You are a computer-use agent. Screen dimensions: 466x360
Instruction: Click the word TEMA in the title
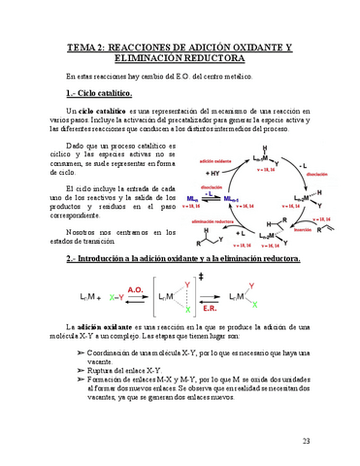(81, 48)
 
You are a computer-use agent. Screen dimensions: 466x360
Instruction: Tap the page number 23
(307, 442)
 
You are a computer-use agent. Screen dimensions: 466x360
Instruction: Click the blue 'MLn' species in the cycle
(199, 197)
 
